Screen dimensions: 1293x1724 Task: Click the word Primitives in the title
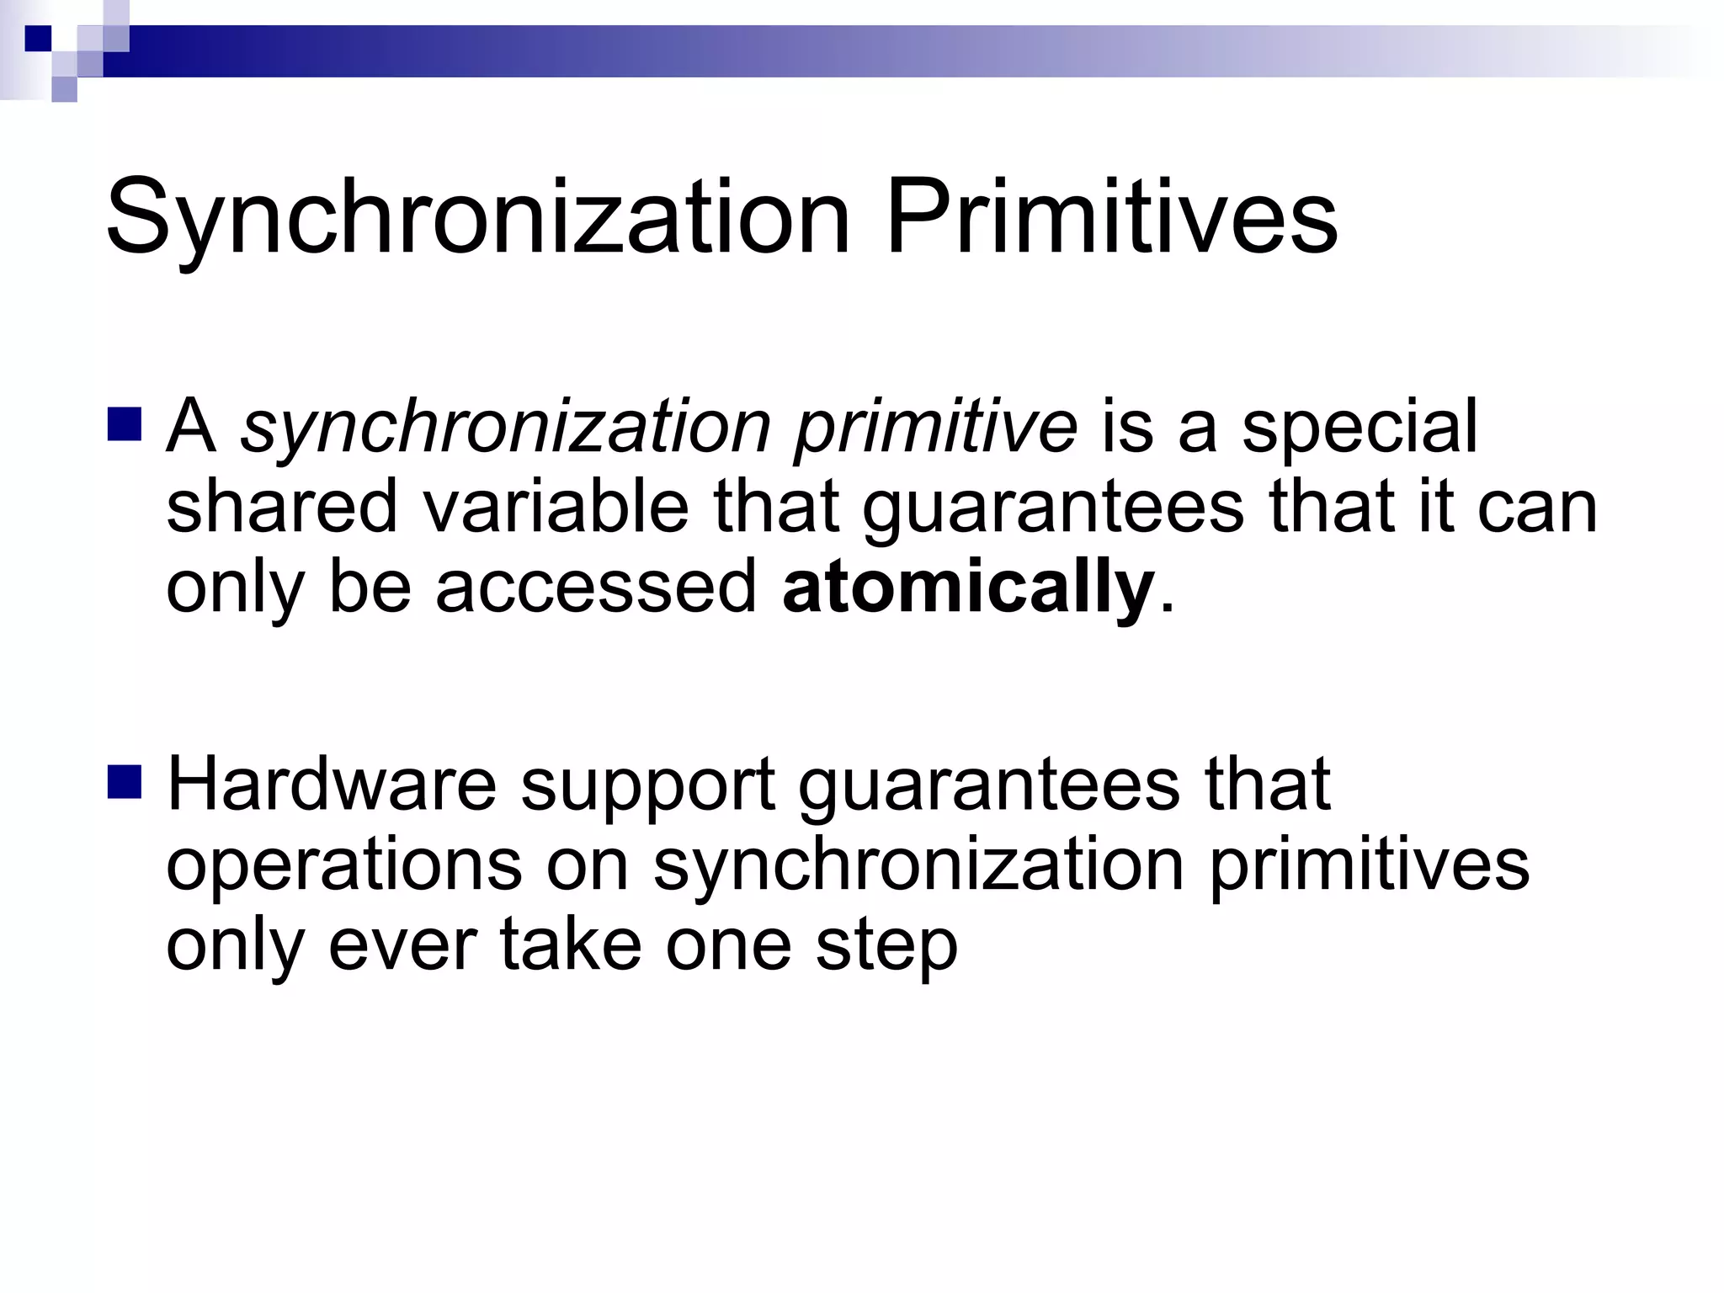pyautogui.click(x=1110, y=217)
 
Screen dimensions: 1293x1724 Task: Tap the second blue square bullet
pyautogui.click(x=125, y=781)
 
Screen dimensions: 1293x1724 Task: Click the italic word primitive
pyautogui.click(x=935, y=428)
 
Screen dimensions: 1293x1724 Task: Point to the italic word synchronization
pyautogui.click(x=505, y=428)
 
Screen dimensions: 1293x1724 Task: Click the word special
pyautogui.click(x=1359, y=428)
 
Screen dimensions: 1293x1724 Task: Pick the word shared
pyautogui.click(x=281, y=507)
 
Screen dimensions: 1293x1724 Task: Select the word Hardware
pyautogui.click(x=332, y=785)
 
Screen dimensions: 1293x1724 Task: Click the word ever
pyautogui.click(x=402, y=946)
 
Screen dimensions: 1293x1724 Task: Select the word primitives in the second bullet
pyautogui.click(x=1369, y=867)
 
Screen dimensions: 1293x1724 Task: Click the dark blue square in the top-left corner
pyautogui.click(x=38, y=38)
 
